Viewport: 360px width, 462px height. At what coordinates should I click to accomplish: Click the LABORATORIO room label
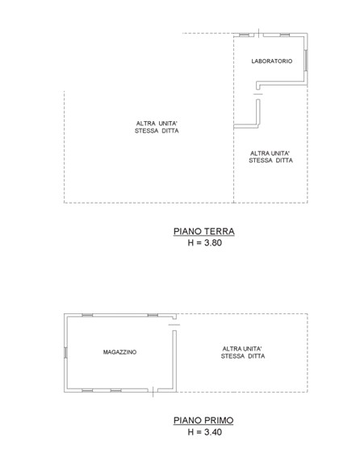click(x=271, y=61)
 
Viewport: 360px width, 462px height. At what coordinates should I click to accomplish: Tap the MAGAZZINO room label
click(x=119, y=353)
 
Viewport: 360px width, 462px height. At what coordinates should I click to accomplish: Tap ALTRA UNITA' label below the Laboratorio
click(x=270, y=157)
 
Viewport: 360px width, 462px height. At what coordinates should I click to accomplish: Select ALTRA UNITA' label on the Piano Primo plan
click(x=243, y=352)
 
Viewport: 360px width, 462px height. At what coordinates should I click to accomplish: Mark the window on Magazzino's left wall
click(x=66, y=352)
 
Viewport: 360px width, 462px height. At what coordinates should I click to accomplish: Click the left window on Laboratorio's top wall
click(x=245, y=35)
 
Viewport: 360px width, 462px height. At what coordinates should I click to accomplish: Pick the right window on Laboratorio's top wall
click(x=284, y=35)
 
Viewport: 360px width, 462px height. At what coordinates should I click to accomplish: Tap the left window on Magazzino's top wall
click(x=87, y=314)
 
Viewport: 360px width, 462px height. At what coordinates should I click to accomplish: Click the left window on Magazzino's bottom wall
click(x=87, y=391)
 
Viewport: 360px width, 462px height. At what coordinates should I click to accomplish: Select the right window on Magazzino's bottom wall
click(x=131, y=391)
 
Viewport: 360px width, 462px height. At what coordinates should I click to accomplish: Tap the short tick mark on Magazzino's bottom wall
click(x=153, y=393)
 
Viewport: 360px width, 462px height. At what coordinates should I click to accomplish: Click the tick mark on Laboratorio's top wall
click(x=257, y=34)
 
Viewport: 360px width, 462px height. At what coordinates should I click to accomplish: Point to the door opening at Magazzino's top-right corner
click(x=174, y=322)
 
